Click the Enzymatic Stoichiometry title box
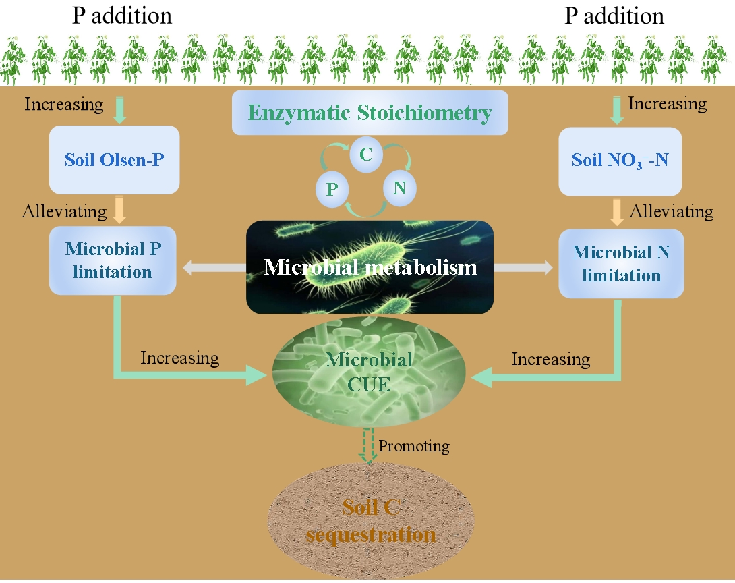[x=370, y=113]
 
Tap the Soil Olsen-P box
[x=114, y=160]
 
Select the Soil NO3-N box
[x=620, y=161]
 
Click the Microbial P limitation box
[x=113, y=260]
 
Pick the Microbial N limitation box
[x=621, y=264]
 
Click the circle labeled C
[x=366, y=155]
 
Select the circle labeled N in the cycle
[x=400, y=188]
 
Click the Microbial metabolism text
[x=370, y=267]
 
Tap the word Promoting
[x=414, y=446]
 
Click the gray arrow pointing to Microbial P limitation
[x=214, y=268]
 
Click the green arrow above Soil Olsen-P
[x=119, y=109]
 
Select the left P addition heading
[x=122, y=15]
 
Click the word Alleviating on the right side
[x=671, y=211]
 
